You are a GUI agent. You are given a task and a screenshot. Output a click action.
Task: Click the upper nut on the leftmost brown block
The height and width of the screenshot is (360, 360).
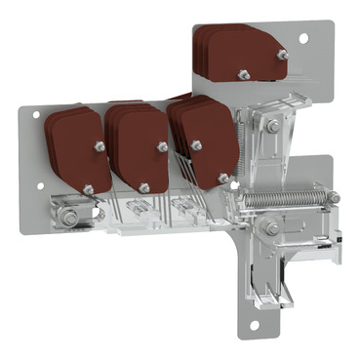click(x=99, y=146)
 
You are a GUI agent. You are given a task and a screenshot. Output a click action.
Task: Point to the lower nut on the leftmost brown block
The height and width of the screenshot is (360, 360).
click(x=88, y=188)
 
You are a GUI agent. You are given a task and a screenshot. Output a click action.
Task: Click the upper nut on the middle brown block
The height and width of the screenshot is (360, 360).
click(x=162, y=146)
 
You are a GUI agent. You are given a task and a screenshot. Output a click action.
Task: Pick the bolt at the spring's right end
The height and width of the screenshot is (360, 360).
click(x=333, y=197)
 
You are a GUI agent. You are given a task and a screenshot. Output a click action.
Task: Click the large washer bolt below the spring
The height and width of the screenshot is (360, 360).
click(x=270, y=227)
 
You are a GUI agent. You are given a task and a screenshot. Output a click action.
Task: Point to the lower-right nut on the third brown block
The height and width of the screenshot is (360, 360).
click(x=224, y=178)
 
